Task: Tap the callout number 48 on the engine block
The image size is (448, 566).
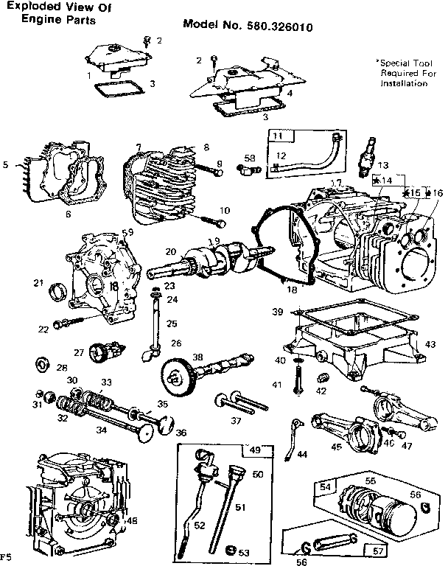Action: tap(133, 521)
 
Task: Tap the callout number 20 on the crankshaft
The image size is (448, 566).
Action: tap(170, 251)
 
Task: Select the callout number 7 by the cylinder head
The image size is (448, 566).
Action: tap(138, 147)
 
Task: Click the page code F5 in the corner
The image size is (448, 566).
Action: tap(7, 555)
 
